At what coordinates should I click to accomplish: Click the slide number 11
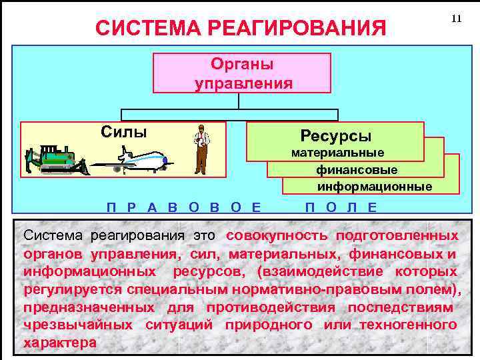tap(456, 19)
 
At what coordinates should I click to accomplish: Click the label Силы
tap(123, 131)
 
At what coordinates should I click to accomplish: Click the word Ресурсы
tap(335, 136)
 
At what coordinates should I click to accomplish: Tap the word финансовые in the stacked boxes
tap(357, 170)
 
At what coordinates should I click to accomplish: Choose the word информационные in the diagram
tap(374, 186)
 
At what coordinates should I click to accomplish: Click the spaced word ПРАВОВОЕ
tap(183, 207)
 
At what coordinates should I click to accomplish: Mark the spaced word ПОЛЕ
tap(340, 207)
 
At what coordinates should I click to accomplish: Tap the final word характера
tap(59, 343)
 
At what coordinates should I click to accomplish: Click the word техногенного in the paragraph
tap(408, 325)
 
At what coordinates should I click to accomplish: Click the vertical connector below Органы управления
tap(239, 101)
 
